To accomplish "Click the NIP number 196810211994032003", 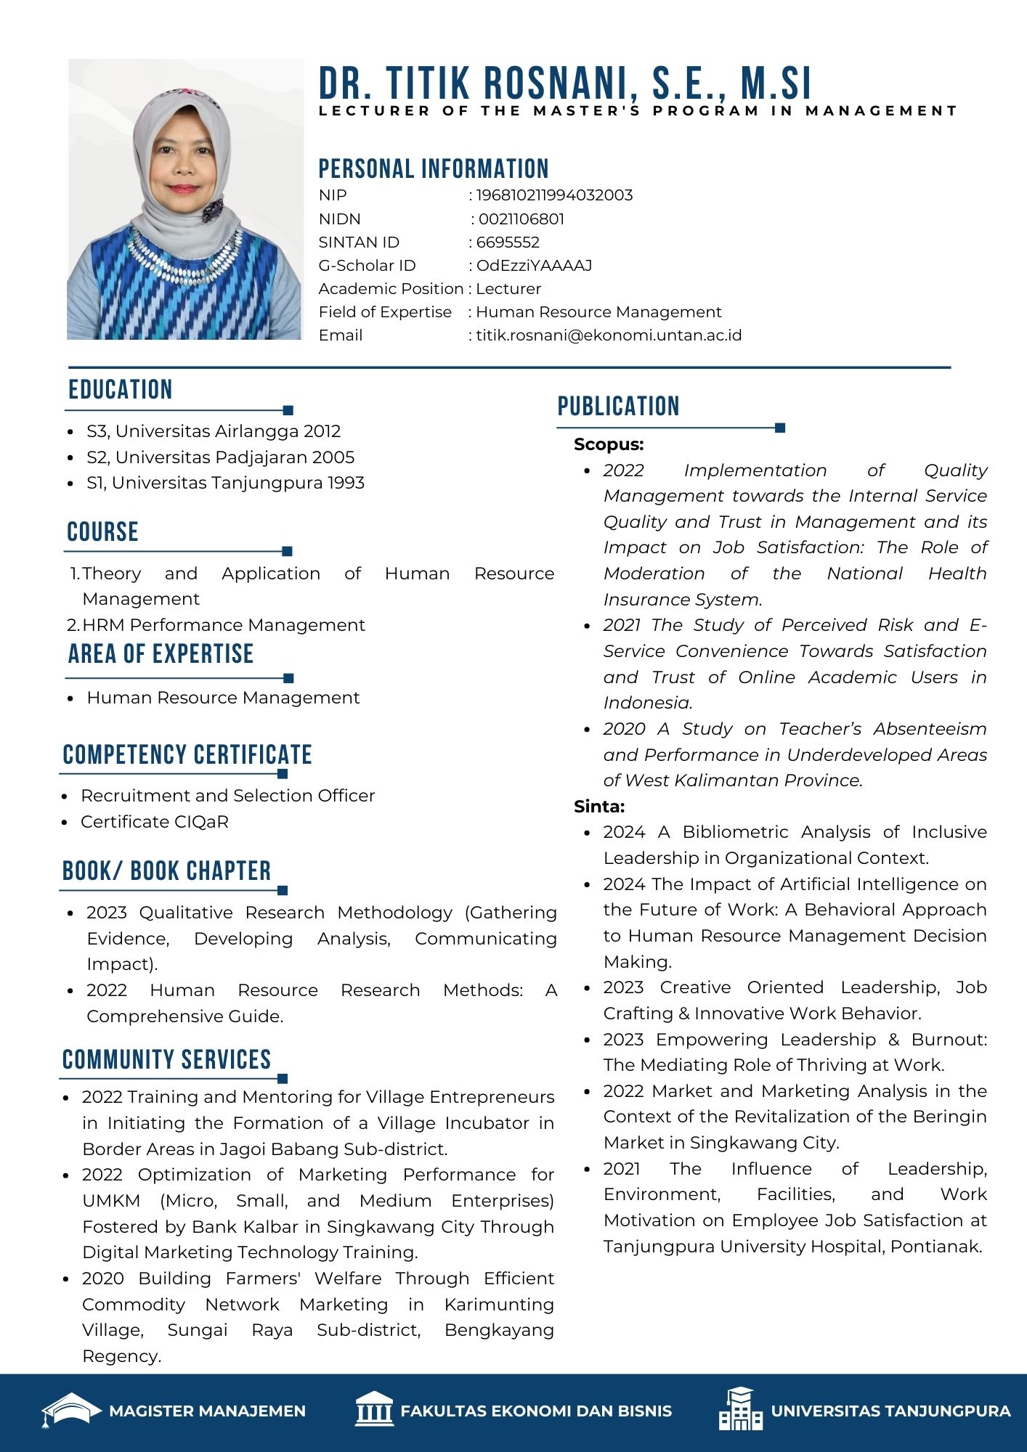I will (554, 195).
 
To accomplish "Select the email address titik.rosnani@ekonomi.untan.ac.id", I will (609, 335).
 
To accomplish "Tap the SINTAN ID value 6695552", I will (508, 242).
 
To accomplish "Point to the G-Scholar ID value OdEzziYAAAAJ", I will (534, 266).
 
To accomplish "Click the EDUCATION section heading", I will (121, 390).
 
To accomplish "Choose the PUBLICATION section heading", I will (618, 407).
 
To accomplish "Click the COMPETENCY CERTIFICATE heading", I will (187, 755).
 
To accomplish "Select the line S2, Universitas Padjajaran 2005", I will (220, 457).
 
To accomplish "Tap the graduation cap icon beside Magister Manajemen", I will (70, 1410).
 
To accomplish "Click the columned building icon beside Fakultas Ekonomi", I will (374, 1410).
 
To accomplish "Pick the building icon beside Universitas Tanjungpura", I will (741, 1410).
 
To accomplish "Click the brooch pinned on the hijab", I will (213, 211).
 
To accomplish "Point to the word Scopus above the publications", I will (609, 444).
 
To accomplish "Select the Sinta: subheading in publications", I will (599, 807).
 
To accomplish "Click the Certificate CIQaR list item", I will (155, 822).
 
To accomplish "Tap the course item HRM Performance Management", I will (224, 625).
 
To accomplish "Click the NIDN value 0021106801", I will (521, 219).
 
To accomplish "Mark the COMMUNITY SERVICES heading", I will (166, 1060).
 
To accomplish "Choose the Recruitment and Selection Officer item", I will (227, 796).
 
